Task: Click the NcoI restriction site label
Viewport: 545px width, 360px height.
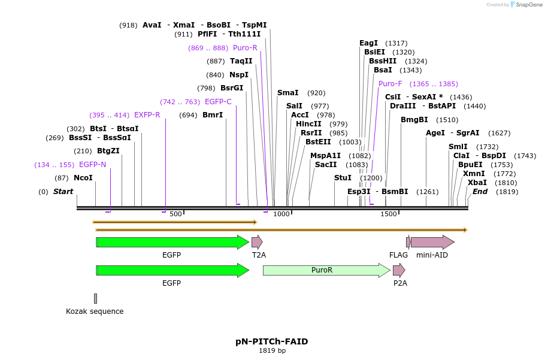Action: pyautogui.click(x=83, y=178)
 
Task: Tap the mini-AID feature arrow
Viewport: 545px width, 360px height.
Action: pyautogui.click(x=432, y=242)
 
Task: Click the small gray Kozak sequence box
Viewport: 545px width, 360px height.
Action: pyautogui.click(x=95, y=298)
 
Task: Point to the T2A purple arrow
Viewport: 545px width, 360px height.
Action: pyautogui.click(x=257, y=242)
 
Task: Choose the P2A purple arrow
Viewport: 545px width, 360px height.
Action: pyautogui.click(x=399, y=270)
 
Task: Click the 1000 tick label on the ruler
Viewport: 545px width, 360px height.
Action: pyautogui.click(x=281, y=214)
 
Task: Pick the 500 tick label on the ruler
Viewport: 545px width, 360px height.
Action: pyautogui.click(x=175, y=214)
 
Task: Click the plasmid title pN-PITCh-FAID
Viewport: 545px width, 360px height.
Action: pyautogui.click(x=272, y=341)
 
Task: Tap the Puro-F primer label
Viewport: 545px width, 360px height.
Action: pyautogui.click(x=390, y=84)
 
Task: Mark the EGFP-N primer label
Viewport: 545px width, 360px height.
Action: pyautogui.click(x=92, y=165)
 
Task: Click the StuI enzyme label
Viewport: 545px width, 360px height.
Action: pyautogui.click(x=343, y=178)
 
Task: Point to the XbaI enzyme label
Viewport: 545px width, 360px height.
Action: pyautogui.click(x=477, y=183)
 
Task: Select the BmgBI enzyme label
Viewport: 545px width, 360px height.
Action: pyautogui.click(x=414, y=120)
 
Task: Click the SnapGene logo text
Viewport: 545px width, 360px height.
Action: pyautogui.click(x=529, y=4)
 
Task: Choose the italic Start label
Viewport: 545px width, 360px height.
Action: pyautogui.click(x=63, y=192)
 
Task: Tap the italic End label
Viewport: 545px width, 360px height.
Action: pyautogui.click(x=480, y=192)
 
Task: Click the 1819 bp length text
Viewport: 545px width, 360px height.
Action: pyautogui.click(x=272, y=350)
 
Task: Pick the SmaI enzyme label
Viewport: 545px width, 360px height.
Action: pyautogui.click(x=287, y=93)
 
